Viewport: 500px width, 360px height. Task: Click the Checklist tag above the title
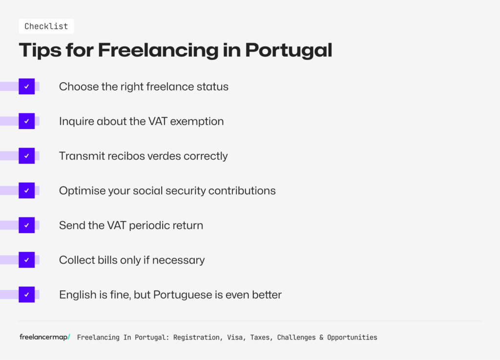coord(46,26)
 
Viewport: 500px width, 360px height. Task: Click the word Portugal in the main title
coord(289,51)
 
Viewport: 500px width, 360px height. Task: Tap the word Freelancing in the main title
coord(158,51)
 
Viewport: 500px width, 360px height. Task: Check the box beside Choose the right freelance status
coord(27,86)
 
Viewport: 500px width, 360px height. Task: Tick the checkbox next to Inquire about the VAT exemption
coord(27,121)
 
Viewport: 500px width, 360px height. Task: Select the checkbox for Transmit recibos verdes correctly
coord(27,156)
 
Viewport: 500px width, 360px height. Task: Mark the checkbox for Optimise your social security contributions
coord(27,191)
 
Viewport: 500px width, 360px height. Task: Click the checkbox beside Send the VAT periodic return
coord(27,225)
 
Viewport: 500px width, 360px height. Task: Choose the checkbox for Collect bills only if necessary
coord(27,260)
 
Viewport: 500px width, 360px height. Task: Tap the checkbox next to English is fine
coord(27,295)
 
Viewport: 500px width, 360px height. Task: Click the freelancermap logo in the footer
coord(44,337)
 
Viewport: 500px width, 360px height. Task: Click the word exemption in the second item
coord(197,122)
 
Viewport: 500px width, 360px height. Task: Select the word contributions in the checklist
coord(242,191)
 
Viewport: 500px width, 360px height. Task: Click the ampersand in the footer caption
coord(321,338)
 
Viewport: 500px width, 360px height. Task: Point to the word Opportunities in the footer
coord(352,338)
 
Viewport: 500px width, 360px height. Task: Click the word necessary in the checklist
coord(179,260)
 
